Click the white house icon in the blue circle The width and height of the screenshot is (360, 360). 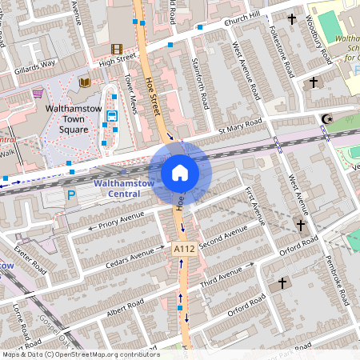[180, 173]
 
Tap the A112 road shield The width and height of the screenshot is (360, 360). [185, 250]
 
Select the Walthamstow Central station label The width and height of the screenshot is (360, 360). [118, 189]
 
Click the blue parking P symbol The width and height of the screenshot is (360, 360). [71, 194]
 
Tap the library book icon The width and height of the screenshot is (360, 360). [84, 82]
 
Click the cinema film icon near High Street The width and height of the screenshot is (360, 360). [118, 50]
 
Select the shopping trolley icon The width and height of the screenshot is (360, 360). [38, 94]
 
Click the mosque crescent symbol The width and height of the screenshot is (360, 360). [326, 119]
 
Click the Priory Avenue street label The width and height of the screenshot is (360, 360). [121, 220]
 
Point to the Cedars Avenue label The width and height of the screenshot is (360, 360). [130, 258]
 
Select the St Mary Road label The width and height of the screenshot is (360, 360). [240, 127]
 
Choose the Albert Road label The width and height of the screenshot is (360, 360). [124, 308]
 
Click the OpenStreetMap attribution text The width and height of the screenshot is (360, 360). [80, 354]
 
